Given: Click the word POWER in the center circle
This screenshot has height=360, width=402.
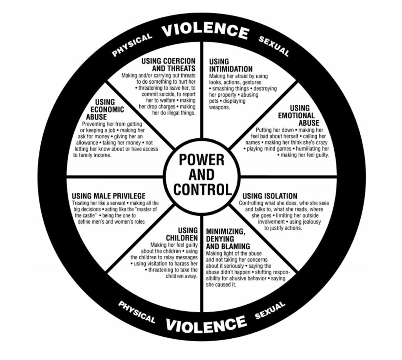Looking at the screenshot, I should (201, 160).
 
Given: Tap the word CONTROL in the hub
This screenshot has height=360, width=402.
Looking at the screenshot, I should (202, 189).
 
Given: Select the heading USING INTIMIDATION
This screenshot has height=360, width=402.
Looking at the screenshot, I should (230, 66).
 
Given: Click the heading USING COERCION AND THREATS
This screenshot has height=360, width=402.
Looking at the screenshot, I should (169, 65).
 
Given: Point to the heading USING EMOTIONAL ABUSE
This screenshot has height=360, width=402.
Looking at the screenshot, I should (299, 116).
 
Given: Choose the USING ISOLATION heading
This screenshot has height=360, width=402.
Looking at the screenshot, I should (270, 196).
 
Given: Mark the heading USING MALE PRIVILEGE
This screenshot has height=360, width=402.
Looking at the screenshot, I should (108, 196).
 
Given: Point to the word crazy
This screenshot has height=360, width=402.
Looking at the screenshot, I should (320, 142).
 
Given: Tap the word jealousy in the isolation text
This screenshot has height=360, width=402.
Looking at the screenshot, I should (310, 222).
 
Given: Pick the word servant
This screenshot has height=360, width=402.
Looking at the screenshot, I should (115, 203).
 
